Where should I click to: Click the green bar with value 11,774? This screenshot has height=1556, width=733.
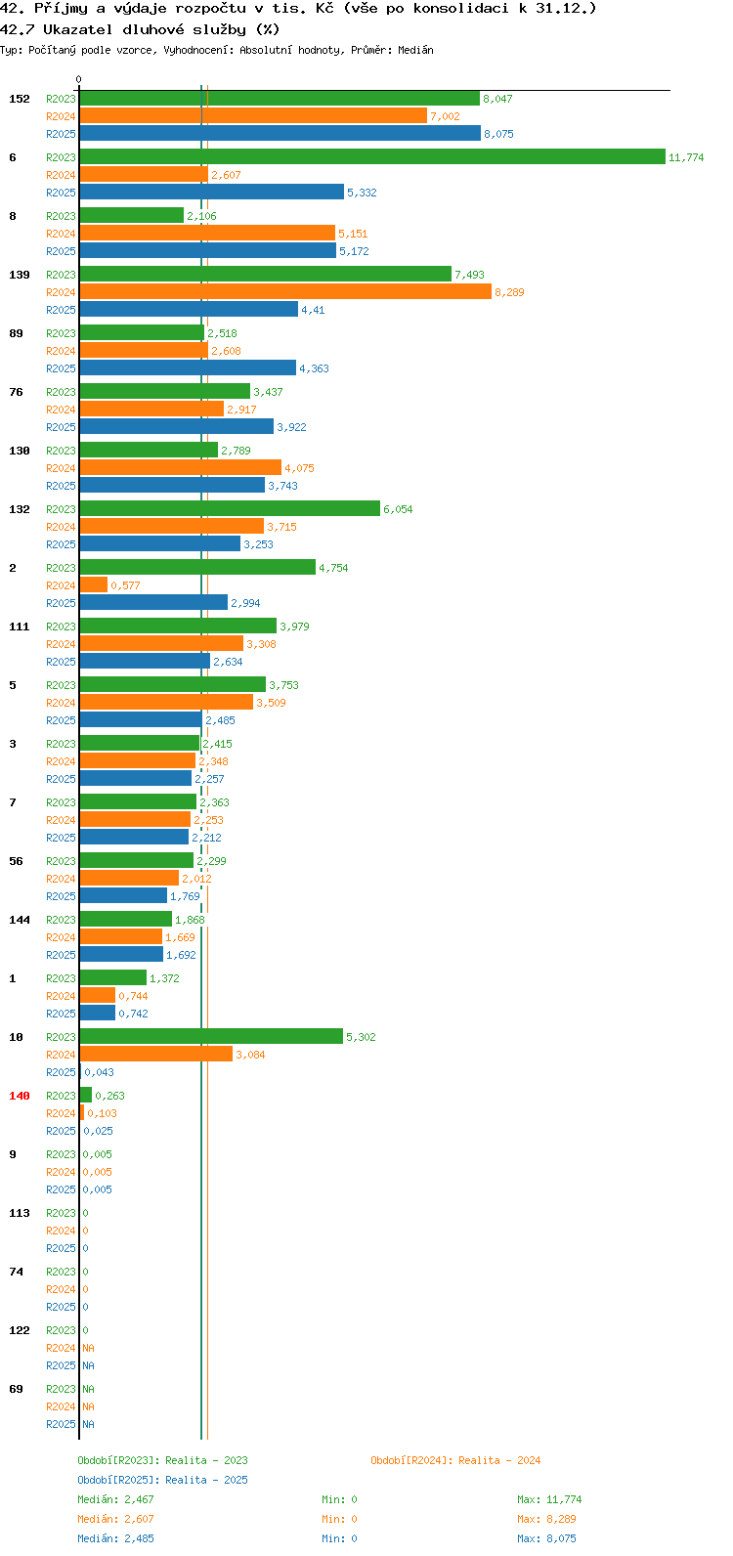pyautogui.click(x=372, y=157)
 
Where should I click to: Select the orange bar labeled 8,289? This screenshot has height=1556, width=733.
pyautogui.click(x=285, y=291)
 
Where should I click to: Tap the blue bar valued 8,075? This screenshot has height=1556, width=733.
pyautogui.click(x=280, y=133)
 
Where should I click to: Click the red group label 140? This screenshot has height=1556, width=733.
pyautogui.click(x=20, y=1096)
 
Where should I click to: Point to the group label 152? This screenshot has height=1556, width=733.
pyautogui.click(x=20, y=99)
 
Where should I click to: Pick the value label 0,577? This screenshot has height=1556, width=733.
pyautogui.click(x=126, y=585)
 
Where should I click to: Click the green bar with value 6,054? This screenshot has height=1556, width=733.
pyautogui.click(x=230, y=508)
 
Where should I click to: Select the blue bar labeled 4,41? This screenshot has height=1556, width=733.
pyautogui.click(x=189, y=309)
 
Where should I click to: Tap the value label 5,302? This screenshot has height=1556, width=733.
pyautogui.click(x=362, y=1037)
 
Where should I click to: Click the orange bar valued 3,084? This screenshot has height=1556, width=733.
pyautogui.click(x=156, y=1054)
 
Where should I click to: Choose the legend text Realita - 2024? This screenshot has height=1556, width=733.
pyautogui.click(x=499, y=1460)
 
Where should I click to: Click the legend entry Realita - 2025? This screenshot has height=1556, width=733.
pyautogui.click(x=206, y=1480)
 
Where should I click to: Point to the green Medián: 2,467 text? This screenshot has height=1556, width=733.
pyautogui.click(x=116, y=1499)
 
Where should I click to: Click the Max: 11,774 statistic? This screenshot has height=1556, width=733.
pyautogui.click(x=549, y=1499)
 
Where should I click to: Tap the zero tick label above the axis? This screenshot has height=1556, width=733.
pyautogui.click(x=78, y=79)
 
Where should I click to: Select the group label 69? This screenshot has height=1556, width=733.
pyautogui.click(x=16, y=1389)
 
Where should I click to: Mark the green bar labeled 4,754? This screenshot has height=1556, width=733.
pyautogui.click(x=197, y=567)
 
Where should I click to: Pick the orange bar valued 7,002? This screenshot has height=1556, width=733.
pyautogui.click(x=253, y=115)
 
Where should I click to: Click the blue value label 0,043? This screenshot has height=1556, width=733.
pyautogui.click(x=100, y=1072)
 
